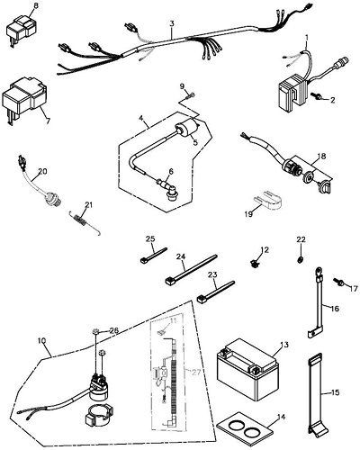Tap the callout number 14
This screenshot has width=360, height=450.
pyautogui.click(x=281, y=417)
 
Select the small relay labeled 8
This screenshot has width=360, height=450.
pyautogui.click(x=19, y=31)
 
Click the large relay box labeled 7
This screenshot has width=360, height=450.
pyautogui.click(x=24, y=99)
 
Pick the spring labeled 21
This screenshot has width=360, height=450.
pyautogui.click(x=83, y=222)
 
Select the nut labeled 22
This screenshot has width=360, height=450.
pyautogui.click(x=300, y=260)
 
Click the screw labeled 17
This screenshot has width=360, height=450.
pyautogui.click(x=339, y=282)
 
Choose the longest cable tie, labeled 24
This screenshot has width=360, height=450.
pyautogui.click(x=191, y=270)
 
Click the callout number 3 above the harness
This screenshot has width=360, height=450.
pyautogui.click(x=171, y=23)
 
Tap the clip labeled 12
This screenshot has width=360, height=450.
pyautogui.click(x=255, y=264)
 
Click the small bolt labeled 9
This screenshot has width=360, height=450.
pyautogui.click(x=190, y=96)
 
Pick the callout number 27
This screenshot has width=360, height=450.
pyautogui.click(x=195, y=373)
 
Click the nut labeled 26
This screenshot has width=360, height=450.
pyautogui.click(x=95, y=331)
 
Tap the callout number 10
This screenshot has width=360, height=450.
pyautogui.click(x=42, y=340)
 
